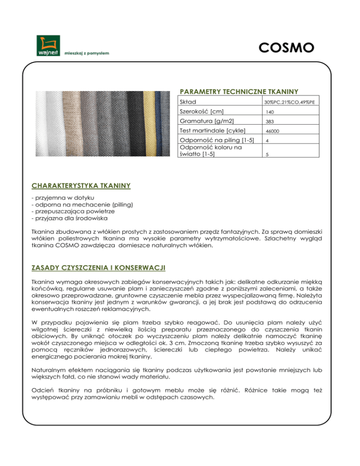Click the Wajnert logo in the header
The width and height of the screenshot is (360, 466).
click(x=47, y=46)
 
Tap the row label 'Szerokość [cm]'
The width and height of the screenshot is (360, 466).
click(x=203, y=112)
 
